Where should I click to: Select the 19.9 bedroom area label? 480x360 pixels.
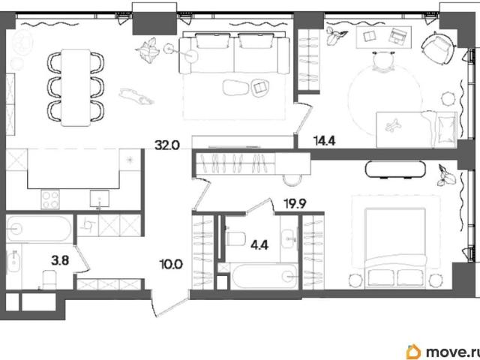(x=295, y=203)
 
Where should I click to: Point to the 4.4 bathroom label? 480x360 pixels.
(x=259, y=244)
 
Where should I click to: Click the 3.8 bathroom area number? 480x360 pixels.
(x=60, y=261)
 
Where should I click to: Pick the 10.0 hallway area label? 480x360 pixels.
(x=171, y=263)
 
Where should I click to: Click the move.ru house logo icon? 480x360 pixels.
(x=413, y=352)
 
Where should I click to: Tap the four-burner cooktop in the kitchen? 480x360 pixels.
(x=50, y=199)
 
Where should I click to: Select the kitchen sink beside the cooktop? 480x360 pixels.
(x=100, y=199)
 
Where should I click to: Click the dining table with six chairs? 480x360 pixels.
(x=76, y=88)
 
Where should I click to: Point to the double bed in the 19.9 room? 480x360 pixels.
(x=395, y=248)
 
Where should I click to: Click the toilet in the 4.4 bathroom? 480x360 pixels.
(x=235, y=238)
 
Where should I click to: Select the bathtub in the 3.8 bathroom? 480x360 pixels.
(x=39, y=228)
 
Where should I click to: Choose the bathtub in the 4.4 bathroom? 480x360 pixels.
(x=265, y=277)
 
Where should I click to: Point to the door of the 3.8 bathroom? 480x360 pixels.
(x=82, y=259)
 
